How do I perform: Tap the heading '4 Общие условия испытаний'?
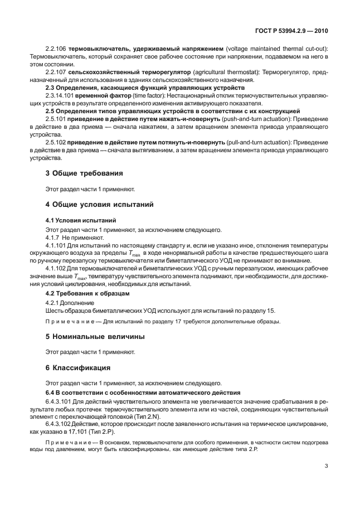[x=99, y=204]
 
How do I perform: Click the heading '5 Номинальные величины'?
[x=95, y=337]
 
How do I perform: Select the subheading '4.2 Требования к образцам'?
[x=87, y=293]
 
